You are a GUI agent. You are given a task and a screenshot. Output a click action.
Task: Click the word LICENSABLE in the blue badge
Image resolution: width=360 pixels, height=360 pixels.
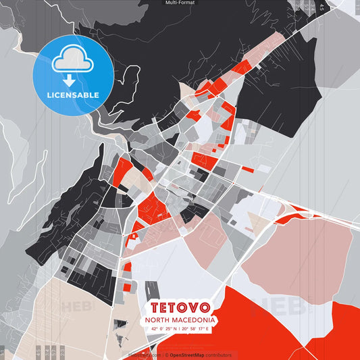tap(73, 95)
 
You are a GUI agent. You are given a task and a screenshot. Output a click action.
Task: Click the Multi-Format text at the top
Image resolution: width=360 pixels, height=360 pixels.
tap(180, 3)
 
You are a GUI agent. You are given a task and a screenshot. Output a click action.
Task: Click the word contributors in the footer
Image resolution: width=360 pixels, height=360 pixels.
tap(219, 355)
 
